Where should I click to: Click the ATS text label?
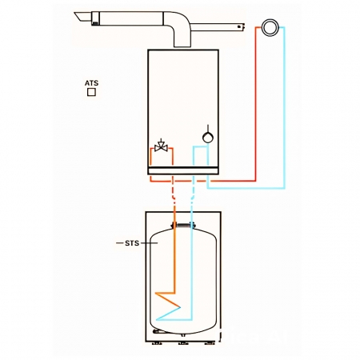click(x=91, y=83)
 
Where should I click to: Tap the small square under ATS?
click(x=91, y=92)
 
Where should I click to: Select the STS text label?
click(x=132, y=243)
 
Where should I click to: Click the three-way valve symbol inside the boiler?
click(x=161, y=146)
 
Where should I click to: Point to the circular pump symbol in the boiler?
click(x=208, y=138)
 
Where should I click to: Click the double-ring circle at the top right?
click(x=270, y=27)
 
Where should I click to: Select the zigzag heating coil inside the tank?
click(x=168, y=306)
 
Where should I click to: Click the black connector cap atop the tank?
click(x=183, y=226)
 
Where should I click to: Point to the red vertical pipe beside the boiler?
click(x=256, y=104)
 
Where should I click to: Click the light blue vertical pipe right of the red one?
click(x=284, y=107)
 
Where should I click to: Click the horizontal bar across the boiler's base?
click(x=183, y=170)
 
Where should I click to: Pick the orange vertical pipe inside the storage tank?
click(x=174, y=258)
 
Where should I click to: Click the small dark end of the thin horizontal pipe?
click(x=241, y=26)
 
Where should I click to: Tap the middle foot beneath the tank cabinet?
click(x=183, y=343)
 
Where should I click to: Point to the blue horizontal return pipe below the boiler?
click(x=246, y=188)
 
